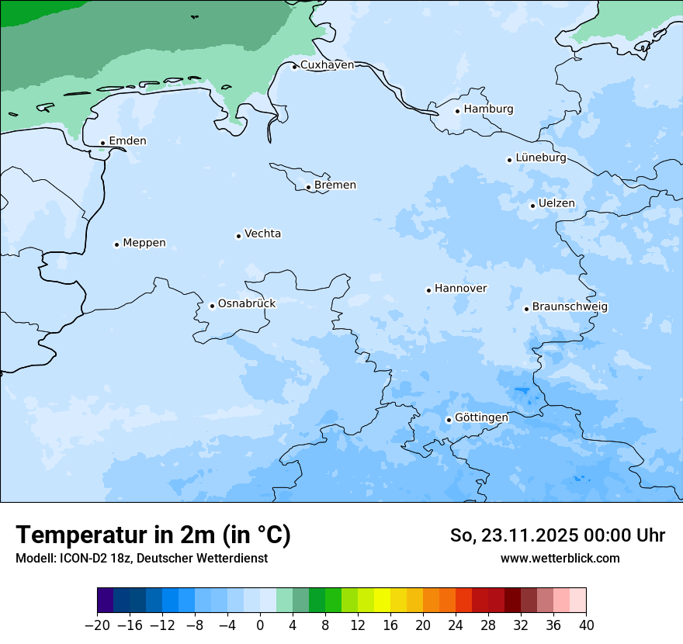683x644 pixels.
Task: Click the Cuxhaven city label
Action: [327, 65]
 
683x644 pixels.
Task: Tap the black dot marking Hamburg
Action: [457, 111]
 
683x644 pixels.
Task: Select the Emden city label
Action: [127, 141]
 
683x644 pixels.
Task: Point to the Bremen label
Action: [335, 185]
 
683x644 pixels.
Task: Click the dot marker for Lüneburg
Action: [509, 160]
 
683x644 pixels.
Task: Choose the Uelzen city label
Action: [556, 204]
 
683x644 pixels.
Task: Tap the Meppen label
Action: [144, 243]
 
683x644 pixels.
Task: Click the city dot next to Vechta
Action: [238, 236]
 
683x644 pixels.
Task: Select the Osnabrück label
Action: [247, 303]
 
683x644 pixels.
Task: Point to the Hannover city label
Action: [460, 289]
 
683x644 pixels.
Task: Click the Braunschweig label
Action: [570, 307]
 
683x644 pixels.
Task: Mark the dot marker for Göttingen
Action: [449, 420]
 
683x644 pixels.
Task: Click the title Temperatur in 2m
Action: [154, 535]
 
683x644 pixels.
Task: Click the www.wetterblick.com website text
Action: [560, 558]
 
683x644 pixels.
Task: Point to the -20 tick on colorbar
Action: [98, 625]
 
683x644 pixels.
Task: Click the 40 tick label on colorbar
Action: [586, 625]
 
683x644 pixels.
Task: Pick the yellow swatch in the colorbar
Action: [382, 601]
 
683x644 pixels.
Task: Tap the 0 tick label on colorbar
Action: [260, 625]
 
